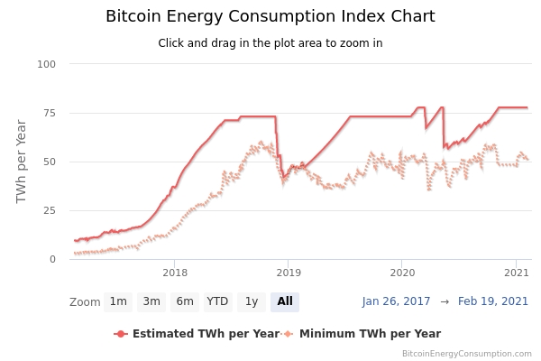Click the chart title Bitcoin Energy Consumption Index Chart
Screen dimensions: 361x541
pos(270,16)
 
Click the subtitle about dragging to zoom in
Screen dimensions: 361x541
pos(270,43)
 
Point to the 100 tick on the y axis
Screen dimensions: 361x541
pos(47,64)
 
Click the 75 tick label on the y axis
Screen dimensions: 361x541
pos(50,113)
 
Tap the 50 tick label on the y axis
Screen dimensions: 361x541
pos(50,162)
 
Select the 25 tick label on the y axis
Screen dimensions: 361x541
pos(50,210)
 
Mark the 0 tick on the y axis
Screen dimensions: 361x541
pos(52,259)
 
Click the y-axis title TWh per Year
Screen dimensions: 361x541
pos(22,161)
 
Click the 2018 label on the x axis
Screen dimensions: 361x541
pos(175,272)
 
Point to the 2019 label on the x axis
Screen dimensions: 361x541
pos(289,272)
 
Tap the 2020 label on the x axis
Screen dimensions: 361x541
pos(402,272)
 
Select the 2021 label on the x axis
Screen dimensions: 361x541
pos(516,272)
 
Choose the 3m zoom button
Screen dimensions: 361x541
pos(151,301)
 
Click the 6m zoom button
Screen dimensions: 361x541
pos(185,301)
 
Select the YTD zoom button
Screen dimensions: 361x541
pos(217,301)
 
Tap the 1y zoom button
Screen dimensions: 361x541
pos(252,301)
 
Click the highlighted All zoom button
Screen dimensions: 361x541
pos(285,301)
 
